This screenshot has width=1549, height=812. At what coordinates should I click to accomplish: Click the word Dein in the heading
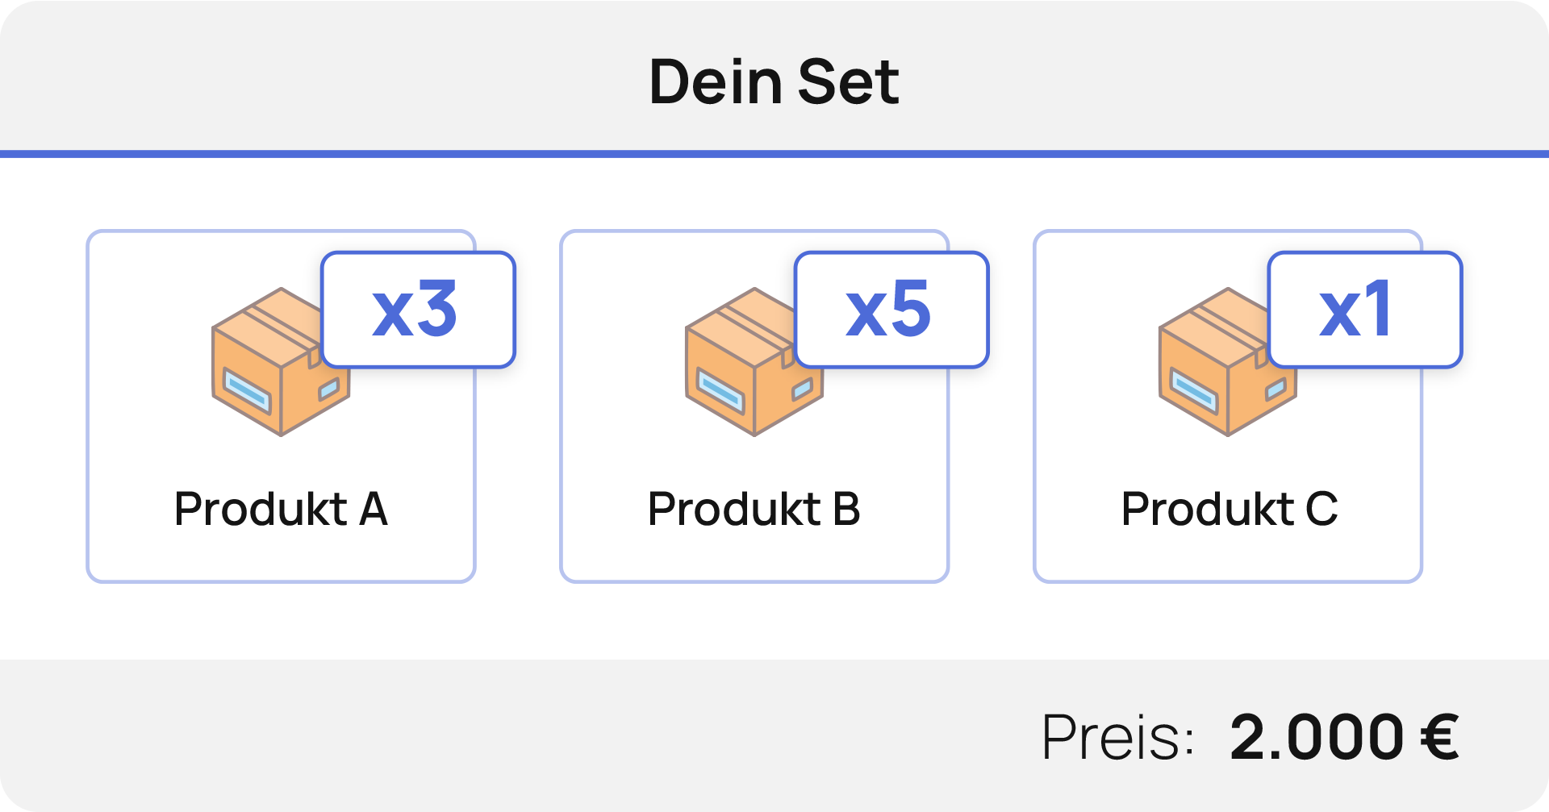tap(716, 82)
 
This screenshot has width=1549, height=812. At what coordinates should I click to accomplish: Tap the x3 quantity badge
tap(418, 310)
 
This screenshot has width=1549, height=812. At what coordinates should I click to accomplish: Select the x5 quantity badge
tap(891, 310)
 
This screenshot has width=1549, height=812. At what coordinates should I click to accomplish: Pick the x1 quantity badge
tap(1365, 310)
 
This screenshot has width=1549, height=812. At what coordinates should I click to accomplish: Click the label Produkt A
tap(281, 509)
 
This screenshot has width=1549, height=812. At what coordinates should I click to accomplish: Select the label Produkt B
tap(754, 509)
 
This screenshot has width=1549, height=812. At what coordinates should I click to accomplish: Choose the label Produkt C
tap(1229, 509)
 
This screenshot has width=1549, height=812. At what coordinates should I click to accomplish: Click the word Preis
tap(1117, 737)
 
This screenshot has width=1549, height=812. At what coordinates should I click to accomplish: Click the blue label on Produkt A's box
tap(247, 389)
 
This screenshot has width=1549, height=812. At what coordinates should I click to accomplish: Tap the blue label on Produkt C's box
tap(1194, 389)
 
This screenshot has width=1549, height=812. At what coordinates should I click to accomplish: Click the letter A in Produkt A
tap(374, 509)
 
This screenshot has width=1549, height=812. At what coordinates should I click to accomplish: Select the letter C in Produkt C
tap(1321, 509)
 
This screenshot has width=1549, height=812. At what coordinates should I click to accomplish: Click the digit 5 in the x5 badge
tap(912, 309)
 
